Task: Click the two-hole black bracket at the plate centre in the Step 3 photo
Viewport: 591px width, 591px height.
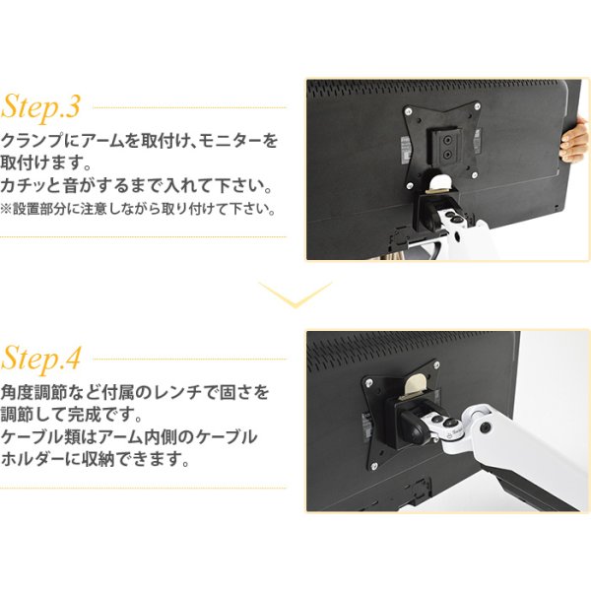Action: pyautogui.click(x=448, y=149)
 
